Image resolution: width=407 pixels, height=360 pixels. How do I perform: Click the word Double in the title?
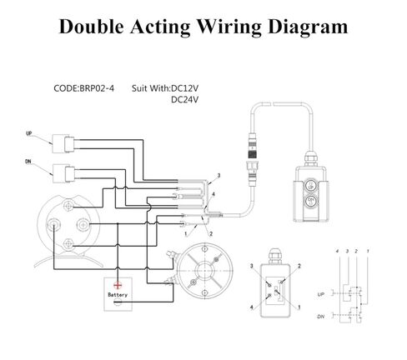pos(92,27)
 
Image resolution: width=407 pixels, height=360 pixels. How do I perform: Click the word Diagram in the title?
pos(308,27)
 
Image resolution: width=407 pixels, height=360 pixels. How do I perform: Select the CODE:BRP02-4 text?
pos(83,88)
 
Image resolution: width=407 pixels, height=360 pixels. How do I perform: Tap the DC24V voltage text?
pos(184,99)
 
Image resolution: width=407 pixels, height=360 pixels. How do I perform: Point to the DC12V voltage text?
pos(184,88)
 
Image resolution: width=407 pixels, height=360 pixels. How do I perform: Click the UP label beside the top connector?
pos(29,133)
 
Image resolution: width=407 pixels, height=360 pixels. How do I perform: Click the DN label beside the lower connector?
pos(28,162)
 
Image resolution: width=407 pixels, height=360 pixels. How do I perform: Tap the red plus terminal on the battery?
pos(118,285)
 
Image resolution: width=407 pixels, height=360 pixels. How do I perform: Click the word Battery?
pos(118,295)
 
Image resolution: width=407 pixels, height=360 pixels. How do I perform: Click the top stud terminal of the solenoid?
pos(68,206)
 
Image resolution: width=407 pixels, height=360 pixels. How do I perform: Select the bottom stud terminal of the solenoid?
pos(68,244)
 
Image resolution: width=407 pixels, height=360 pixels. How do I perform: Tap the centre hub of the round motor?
pos(204,270)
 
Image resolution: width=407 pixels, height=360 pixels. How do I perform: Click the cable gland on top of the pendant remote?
pos(311,159)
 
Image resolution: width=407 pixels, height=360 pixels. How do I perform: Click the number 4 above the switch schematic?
pos(337,252)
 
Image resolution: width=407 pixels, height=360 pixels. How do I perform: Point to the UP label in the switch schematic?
pos(321,294)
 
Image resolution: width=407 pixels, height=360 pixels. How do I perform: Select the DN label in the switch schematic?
pos(321,317)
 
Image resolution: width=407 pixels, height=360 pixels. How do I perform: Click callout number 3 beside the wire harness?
pos(219,176)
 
